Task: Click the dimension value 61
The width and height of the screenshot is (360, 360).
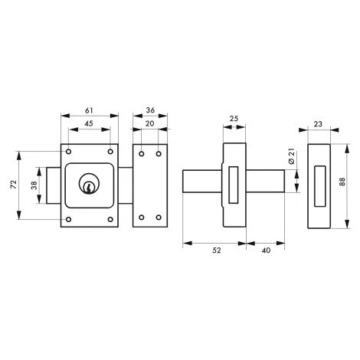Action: click(89, 110)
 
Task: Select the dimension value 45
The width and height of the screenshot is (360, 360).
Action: click(89, 124)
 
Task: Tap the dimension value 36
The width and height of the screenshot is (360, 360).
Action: click(150, 110)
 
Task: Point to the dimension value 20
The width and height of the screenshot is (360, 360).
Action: click(150, 124)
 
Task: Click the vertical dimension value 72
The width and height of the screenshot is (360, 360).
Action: click(14, 185)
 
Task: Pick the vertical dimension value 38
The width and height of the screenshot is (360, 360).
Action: click(34, 185)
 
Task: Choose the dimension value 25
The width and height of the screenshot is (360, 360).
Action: click(234, 119)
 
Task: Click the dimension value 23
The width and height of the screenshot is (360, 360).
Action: click(318, 124)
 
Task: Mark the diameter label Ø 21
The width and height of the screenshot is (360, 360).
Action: click(292, 156)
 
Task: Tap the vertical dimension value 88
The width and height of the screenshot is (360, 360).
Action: click(342, 182)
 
